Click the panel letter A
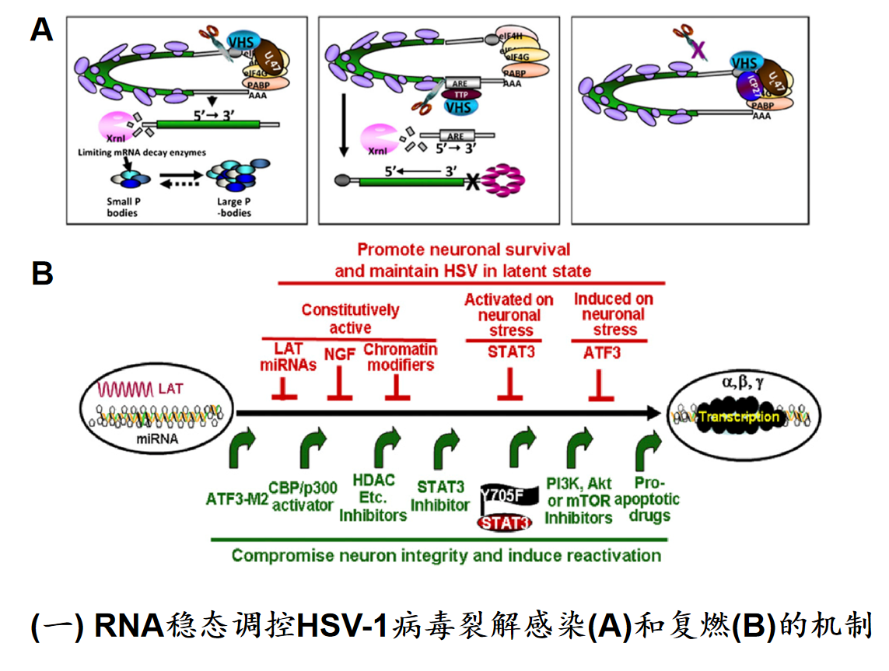pyautogui.click(x=40, y=30)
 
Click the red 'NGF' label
pyautogui.click(x=339, y=353)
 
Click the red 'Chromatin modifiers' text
pyautogui.click(x=400, y=357)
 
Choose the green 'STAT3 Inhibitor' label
pyautogui.click(x=440, y=496)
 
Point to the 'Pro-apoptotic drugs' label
pyautogui.click(x=646, y=498)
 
